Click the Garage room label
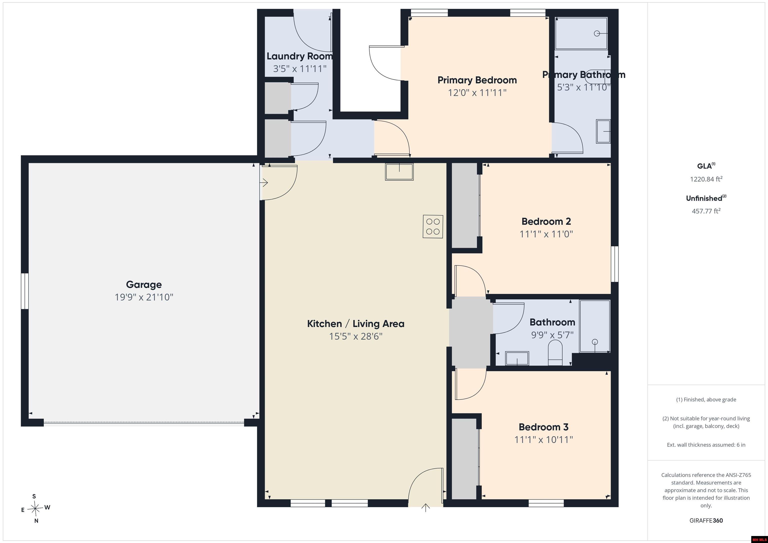tap(144, 285)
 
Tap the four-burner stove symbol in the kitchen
tap(433, 226)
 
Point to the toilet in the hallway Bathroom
tap(555, 353)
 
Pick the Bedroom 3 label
tap(543, 427)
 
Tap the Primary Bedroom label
tap(477, 80)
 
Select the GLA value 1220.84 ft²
tap(706, 179)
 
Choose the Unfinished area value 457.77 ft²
tap(706, 211)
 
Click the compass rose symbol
tap(35, 509)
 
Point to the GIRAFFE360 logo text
tap(706, 521)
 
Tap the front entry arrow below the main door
tap(425, 508)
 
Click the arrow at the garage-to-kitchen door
tap(264, 183)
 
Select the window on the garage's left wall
tap(25, 291)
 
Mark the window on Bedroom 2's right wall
tap(615, 264)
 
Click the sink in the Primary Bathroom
tap(603, 131)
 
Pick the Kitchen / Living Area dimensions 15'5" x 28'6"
tap(355, 336)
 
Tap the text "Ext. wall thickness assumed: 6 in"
tap(706, 445)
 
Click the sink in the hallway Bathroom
tap(517, 358)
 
